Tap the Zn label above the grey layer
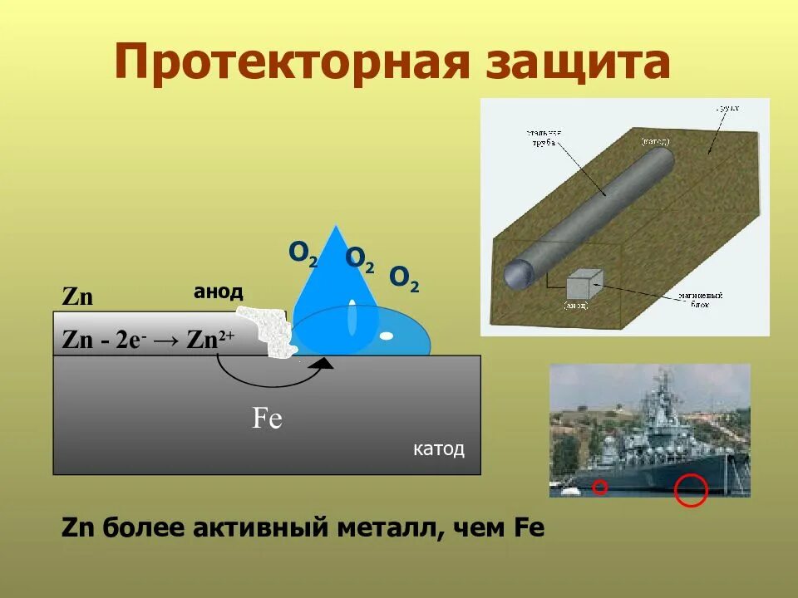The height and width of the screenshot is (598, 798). tap(77, 297)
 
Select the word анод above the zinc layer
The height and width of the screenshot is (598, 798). tap(218, 292)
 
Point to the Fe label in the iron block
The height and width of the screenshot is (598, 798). tap(268, 418)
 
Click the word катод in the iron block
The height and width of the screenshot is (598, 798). tap(438, 449)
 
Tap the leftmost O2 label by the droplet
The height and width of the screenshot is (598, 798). tap(303, 252)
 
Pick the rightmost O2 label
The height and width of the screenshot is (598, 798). tap(404, 278)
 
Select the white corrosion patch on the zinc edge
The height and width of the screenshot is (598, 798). tap(264, 330)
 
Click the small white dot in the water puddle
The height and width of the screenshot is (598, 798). tap(387, 336)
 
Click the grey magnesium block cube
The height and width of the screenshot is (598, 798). tap(582, 286)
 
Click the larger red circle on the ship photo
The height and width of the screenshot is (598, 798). tap(690, 489)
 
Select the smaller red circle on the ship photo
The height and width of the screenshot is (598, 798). tap(600, 488)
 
